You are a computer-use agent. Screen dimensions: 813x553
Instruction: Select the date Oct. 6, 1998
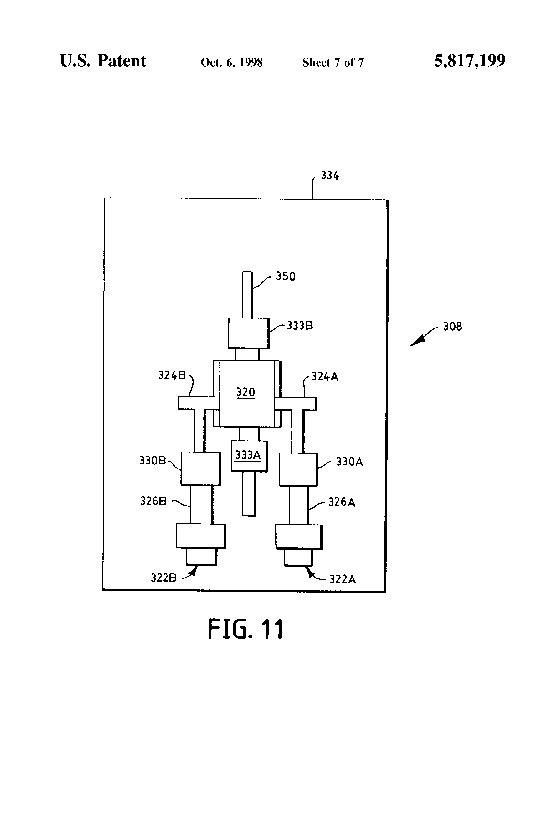coord(231,63)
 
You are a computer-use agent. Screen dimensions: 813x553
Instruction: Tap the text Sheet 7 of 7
coord(333,63)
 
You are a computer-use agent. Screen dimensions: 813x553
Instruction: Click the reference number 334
coord(330,176)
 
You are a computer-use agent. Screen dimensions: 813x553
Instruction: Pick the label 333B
coord(300,326)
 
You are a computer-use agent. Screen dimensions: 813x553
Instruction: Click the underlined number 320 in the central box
coord(245,392)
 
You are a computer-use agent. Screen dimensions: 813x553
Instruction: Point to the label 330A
coord(349,462)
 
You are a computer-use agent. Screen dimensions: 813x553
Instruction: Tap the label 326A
coord(342,502)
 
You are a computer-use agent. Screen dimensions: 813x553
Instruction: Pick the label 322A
coord(342,579)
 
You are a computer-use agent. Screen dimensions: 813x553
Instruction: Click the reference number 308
coord(452,327)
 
